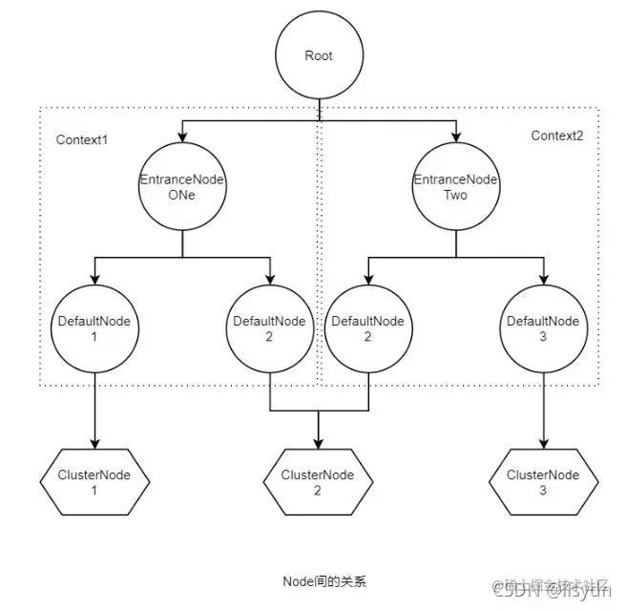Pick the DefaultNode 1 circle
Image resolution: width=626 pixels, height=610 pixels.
pyautogui.click(x=94, y=329)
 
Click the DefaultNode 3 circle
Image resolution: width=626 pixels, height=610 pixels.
pyautogui.click(x=543, y=329)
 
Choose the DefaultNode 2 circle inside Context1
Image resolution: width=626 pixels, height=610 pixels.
pyautogui.click(x=270, y=329)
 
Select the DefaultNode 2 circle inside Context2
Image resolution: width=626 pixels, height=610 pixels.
pyautogui.click(x=366, y=329)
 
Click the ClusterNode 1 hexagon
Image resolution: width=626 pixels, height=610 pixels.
pyautogui.click(x=94, y=482)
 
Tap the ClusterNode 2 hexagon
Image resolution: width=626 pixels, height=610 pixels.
pyautogui.click(x=317, y=482)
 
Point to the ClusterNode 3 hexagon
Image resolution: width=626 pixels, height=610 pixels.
pyautogui.click(x=543, y=482)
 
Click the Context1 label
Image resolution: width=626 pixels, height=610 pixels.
pyautogui.click(x=82, y=139)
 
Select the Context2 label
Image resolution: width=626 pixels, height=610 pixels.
pyautogui.click(x=556, y=136)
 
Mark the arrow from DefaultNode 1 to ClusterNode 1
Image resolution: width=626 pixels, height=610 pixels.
pyautogui.click(x=94, y=410)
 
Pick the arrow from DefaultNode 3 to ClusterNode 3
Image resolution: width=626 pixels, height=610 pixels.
pyautogui.click(x=543, y=410)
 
